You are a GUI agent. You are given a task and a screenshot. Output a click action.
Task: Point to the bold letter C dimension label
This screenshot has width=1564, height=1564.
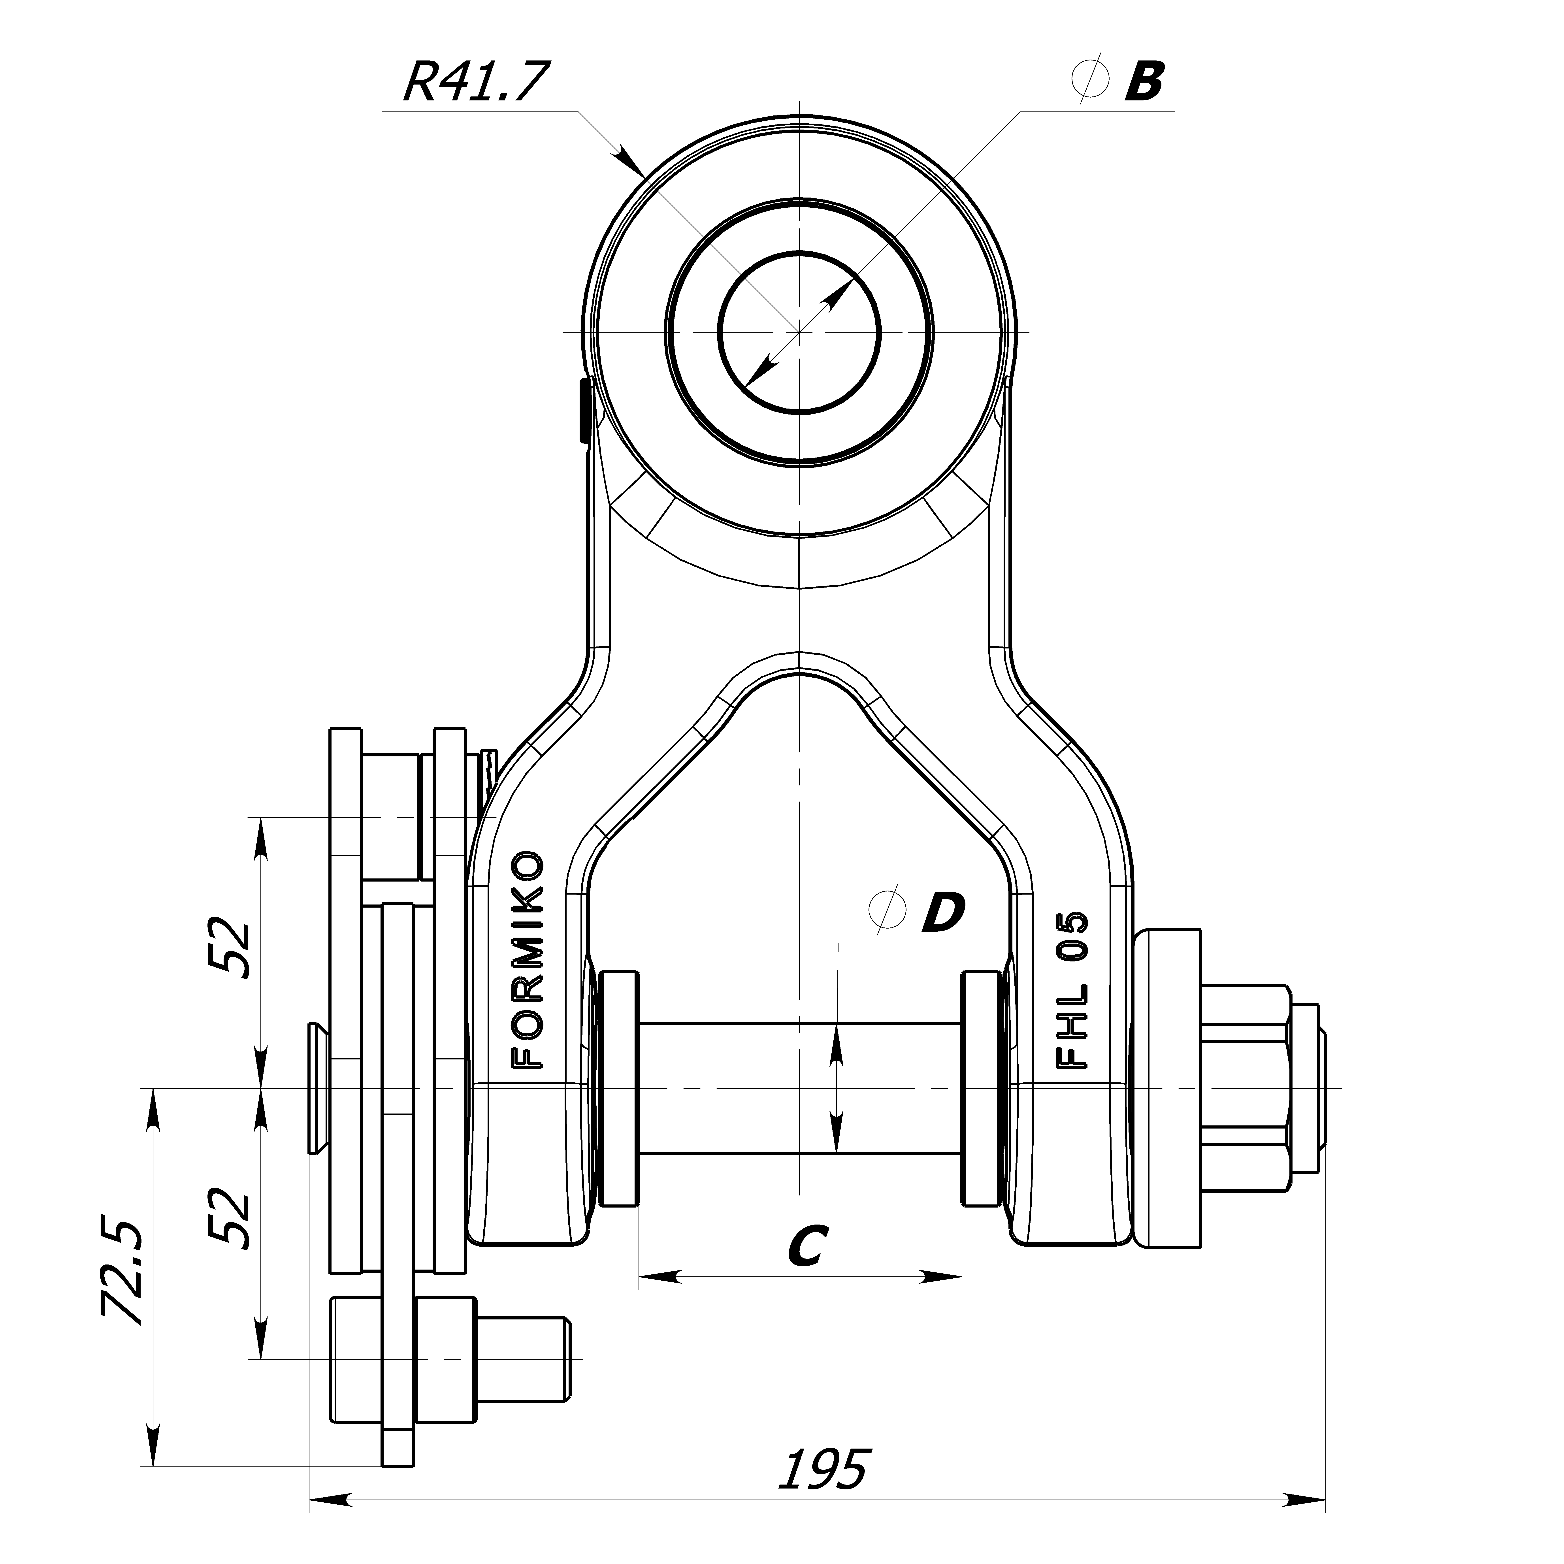(x=807, y=1245)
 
